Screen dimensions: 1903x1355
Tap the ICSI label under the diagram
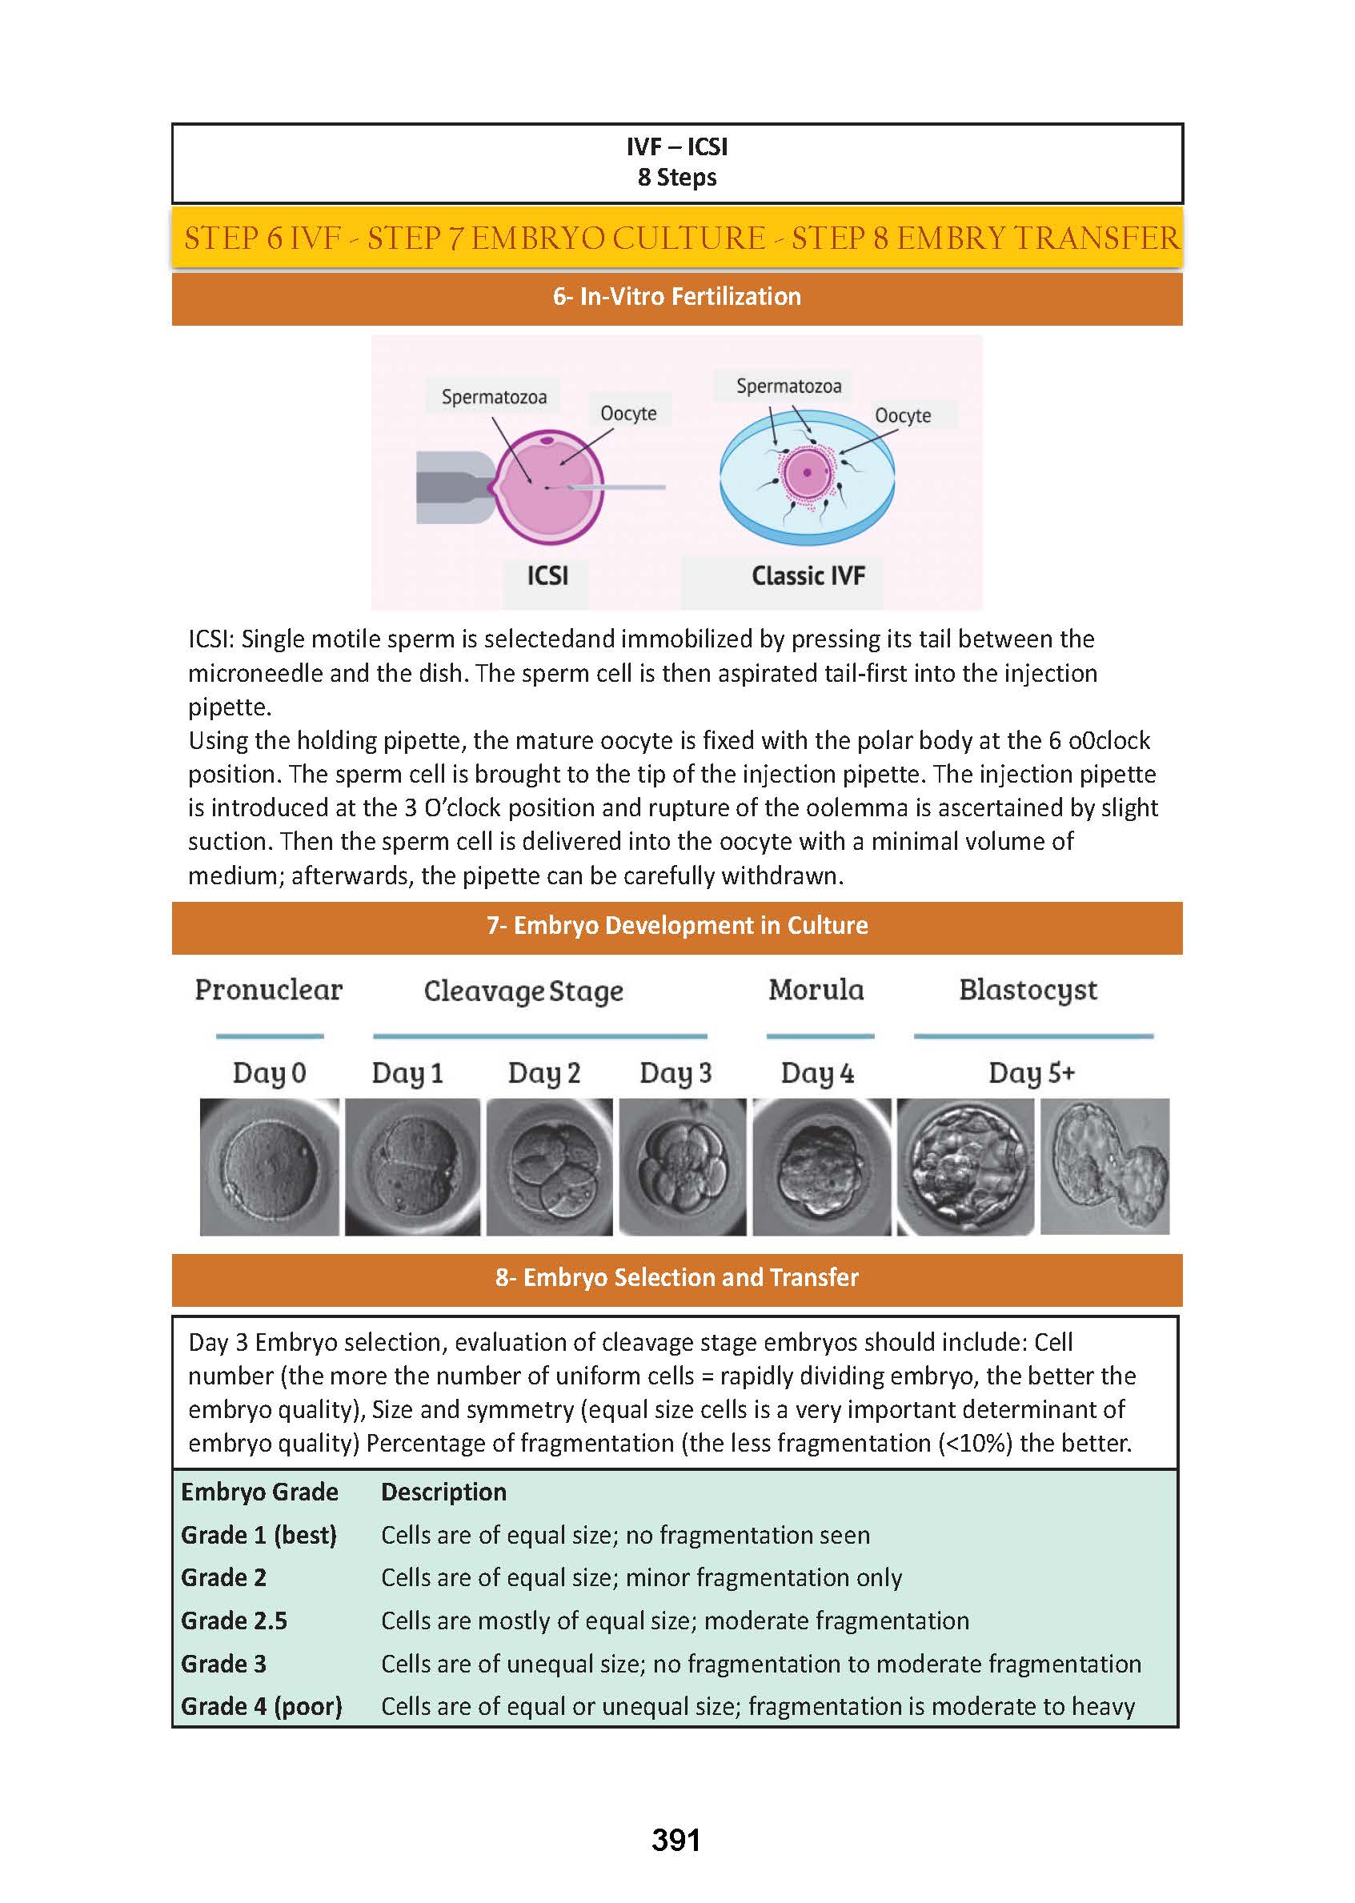coord(547,575)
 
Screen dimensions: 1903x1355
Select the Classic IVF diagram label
coord(808,575)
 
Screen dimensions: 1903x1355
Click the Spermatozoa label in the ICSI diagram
coord(494,397)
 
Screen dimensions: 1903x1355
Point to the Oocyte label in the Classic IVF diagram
coord(903,415)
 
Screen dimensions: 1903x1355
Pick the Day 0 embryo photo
coord(270,1165)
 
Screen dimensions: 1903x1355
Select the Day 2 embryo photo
coord(549,1165)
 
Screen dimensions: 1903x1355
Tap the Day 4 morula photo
coord(821,1165)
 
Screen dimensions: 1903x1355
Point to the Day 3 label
coord(675,1072)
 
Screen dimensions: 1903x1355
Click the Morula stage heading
coord(816,989)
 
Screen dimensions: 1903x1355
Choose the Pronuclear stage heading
coord(269,989)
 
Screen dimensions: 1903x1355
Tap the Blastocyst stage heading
coord(1028,989)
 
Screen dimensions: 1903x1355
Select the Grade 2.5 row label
coord(235,1621)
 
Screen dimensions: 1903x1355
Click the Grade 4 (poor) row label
coord(261,1706)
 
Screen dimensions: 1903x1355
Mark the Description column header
coord(444,1492)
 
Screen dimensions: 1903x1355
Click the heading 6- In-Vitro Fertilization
coord(676,297)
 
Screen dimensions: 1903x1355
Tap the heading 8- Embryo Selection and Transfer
coord(676,1277)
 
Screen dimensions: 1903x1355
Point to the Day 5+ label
coord(1032,1072)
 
